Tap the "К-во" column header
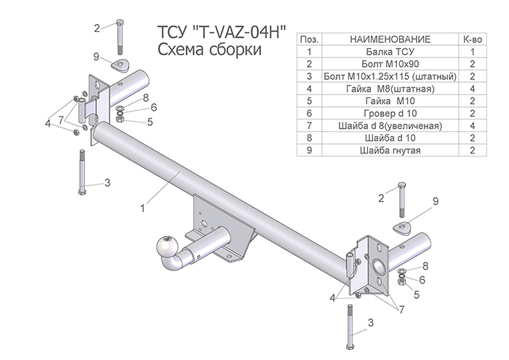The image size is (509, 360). [x=472, y=38]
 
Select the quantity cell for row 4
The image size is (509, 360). [x=472, y=88]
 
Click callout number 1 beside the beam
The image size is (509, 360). [x=143, y=208]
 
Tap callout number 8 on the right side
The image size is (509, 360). [x=425, y=266]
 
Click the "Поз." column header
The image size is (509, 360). [x=309, y=38]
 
